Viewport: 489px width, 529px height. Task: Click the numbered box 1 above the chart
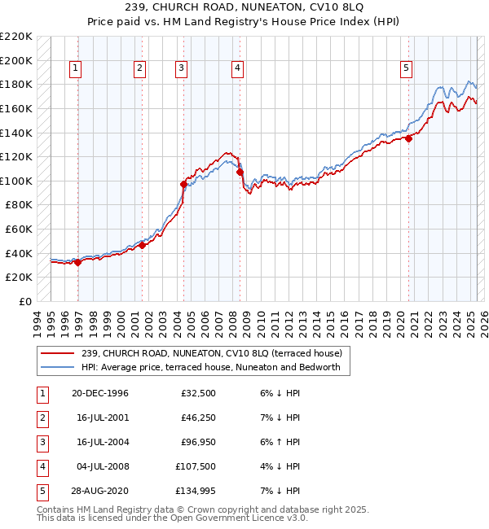tap(75, 69)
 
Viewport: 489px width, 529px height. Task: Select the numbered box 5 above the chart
tap(406, 69)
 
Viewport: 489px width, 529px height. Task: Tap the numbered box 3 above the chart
tap(180, 69)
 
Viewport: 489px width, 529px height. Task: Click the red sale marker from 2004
tap(183, 185)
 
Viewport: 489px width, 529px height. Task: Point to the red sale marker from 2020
tap(408, 138)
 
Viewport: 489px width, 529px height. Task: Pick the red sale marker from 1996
tap(78, 262)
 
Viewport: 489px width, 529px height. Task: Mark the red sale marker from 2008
tap(240, 172)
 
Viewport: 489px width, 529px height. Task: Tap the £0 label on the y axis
tap(24, 301)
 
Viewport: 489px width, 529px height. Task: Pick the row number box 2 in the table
tap(42, 418)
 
